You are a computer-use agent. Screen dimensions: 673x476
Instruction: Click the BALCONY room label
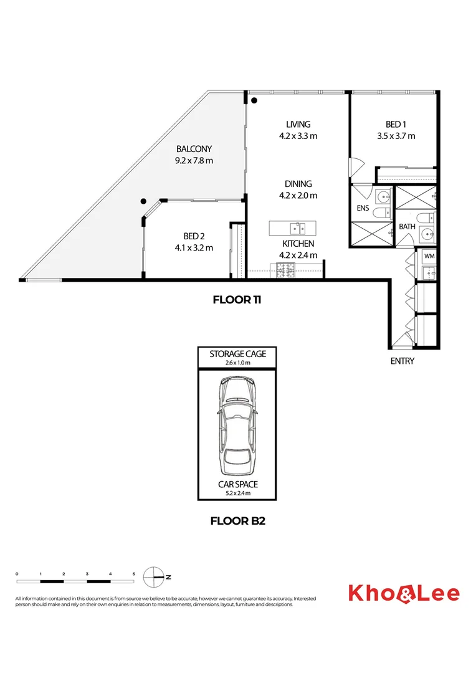click(x=194, y=149)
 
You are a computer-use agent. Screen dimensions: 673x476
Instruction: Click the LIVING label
click(x=298, y=125)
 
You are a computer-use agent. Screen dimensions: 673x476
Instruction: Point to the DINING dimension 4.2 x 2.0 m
click(x=298, y=195)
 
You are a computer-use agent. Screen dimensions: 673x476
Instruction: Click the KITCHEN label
click(x=298, y=244)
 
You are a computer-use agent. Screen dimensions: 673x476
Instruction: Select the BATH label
click(x=407, y=227)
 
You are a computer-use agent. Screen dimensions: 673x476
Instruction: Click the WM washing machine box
click(x=429, y=256)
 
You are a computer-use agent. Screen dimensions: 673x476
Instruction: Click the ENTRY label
click(x=402, y=361)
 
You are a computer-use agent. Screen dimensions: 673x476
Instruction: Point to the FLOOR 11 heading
click(x=237, y=300)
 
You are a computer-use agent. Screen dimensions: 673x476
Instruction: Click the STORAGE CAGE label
click(x=237, y=354)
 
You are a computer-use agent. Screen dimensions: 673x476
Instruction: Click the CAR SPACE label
click(x=237, y=484)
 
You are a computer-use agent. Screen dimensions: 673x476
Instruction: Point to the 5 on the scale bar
click(x=133, y=573)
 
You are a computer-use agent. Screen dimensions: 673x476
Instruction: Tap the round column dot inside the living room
click(x=254, y=100)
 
